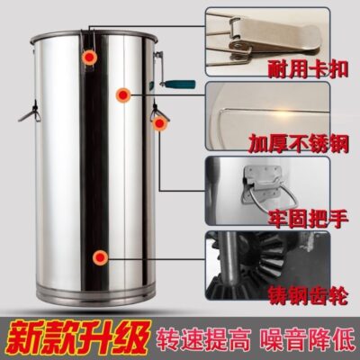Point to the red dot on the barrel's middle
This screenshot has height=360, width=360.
[122, 93]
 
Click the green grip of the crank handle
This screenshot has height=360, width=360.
[175, 86]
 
